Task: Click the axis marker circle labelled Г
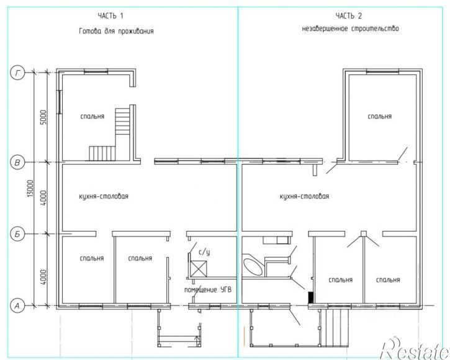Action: (18, 73)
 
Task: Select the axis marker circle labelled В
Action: (18, 163)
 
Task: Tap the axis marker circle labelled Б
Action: (18, 234)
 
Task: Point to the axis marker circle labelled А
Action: (18, 306)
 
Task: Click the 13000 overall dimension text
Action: (30, 189)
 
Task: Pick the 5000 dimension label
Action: (43, 117)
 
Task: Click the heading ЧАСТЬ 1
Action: (110, 16)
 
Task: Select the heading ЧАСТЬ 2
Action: (349, 16)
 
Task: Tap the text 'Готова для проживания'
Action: (116, 30)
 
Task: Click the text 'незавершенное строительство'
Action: (351, 29)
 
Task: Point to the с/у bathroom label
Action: (204, 252)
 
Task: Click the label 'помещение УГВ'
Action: (208, 290)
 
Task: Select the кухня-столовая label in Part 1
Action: (104, 196)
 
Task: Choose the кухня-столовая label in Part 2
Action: (304, 196)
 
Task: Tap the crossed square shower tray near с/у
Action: (199, 268)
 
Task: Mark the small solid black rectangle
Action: (310, 297)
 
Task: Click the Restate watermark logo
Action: (415, 348)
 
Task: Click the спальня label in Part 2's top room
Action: (380, 116)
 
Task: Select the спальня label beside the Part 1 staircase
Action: (92, 116)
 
